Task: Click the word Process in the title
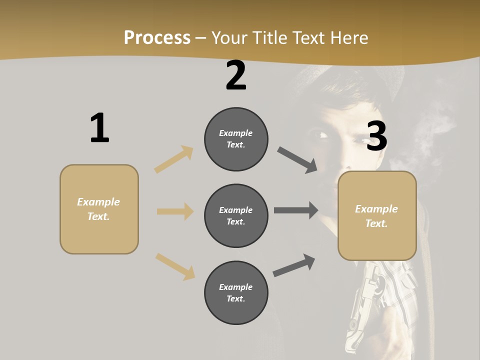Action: (157, 37)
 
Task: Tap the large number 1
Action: (99, 128)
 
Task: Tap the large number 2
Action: (236, 75)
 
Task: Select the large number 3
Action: (376, 136)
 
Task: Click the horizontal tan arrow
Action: (175, 211)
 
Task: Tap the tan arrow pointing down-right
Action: (175, 266)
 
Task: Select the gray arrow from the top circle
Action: (297, 160)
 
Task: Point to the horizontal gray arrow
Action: (296, 210)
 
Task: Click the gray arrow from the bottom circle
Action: (294, 265)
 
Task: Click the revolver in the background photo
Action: (362, 310)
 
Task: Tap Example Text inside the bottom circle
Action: (236, 292)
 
